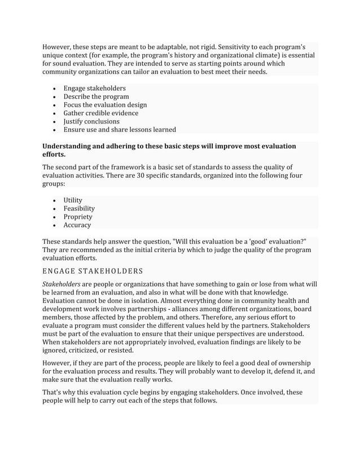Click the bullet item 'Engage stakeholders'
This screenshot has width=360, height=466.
click(x=94, y=89)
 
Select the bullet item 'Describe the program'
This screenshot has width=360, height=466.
click(x=96, y=96)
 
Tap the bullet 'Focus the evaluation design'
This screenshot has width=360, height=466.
click(x=105, y=105)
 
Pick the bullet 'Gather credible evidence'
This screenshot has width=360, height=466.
click(x=100, y=113)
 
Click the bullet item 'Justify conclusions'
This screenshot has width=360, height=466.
click(x=91, y=121)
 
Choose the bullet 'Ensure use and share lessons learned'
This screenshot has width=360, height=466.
click(x=120, y=129)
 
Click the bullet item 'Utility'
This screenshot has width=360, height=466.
click(x=73, y=200)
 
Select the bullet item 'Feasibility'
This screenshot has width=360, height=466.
click(x=79, y=208)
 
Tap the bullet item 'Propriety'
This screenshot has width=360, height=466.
click(x=78, y=217)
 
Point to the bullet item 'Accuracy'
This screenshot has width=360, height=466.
click(x=77, y=225)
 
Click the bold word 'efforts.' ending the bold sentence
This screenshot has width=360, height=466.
click(x=54, y=154)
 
